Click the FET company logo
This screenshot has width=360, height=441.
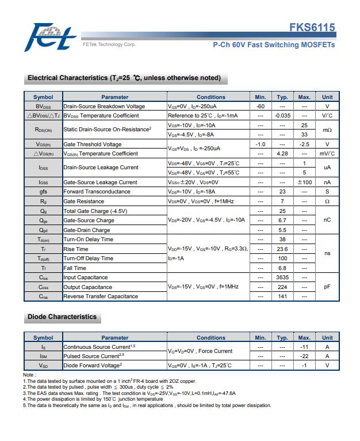51,36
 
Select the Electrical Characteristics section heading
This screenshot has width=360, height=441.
124,78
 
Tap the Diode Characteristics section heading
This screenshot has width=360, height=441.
62,317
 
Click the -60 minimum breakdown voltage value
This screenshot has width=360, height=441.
260,107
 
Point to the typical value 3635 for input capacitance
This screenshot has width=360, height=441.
282,277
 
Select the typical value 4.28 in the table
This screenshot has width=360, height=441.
282,154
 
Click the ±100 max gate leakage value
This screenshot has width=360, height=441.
304,183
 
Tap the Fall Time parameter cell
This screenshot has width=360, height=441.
75,268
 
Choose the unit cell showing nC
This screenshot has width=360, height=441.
327,221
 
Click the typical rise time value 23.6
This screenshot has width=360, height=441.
282,249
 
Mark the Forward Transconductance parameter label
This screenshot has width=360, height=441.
97,192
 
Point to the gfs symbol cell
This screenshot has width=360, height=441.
43,192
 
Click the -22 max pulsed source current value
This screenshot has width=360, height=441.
304,356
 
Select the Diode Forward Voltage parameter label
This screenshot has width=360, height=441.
92,366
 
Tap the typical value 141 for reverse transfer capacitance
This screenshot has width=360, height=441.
282,296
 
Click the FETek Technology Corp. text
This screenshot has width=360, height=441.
109,45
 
